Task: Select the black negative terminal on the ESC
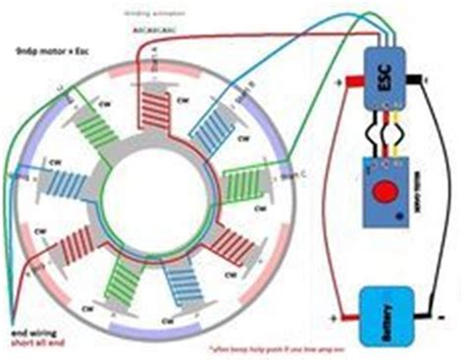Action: click(425, 77)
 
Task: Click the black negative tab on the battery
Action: click(427, 318)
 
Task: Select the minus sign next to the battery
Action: click(440, 317)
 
